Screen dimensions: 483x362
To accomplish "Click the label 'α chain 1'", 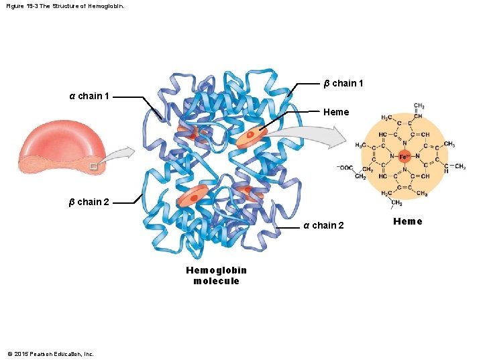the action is coord(90,96).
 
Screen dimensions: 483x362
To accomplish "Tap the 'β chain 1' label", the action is coord(343,83).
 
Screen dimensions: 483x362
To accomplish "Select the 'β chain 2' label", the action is coord(89,202).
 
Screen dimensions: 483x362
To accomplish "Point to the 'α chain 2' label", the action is coord(323,225).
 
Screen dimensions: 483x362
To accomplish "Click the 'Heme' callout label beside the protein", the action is coord(336,112).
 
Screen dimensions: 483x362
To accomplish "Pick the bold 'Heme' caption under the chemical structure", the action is coord(408,222).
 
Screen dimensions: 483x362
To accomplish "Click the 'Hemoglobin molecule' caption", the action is coord(216,276).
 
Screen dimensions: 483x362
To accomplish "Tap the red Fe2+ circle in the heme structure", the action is coord(405,156).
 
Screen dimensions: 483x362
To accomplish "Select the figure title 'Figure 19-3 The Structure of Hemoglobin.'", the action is coord(65,6).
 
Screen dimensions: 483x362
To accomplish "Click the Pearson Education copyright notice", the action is coord(50,353).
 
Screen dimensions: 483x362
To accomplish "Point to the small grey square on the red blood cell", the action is coord(93,164).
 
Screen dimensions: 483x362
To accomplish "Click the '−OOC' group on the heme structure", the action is coord(346,167).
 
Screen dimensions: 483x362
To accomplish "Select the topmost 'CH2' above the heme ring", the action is coord(419,106).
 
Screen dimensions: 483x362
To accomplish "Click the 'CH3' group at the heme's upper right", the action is coord(449,144).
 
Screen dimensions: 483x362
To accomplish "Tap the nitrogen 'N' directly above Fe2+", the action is coord(405,143).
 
